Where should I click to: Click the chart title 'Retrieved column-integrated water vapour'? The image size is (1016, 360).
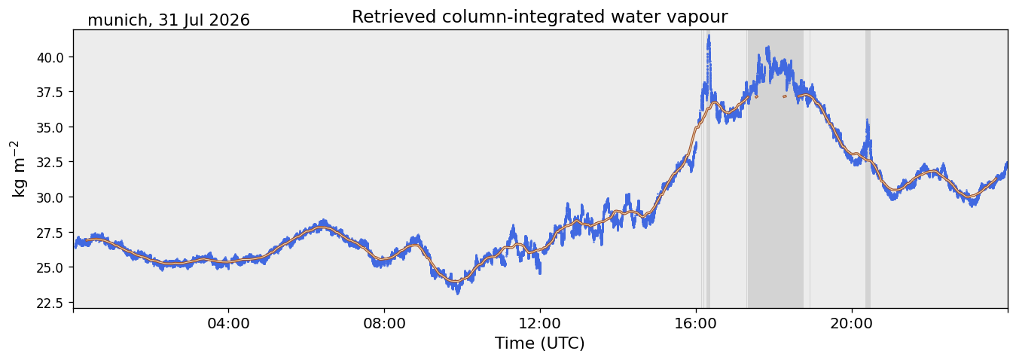tap(540, 17)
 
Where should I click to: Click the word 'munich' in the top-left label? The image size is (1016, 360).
tap(117, 20)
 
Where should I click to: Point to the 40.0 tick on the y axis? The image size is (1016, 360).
tap(50, 57)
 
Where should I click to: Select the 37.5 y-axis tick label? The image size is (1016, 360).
tap(50, 92)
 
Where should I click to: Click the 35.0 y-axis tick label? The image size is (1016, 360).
tap(50, 127)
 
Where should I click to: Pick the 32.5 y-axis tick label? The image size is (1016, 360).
tap(50, 163)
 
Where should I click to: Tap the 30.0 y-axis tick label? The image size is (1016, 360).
tap(50, 197)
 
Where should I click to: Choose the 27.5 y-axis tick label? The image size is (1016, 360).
tap(50, 233)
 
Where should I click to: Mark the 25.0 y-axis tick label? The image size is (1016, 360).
tap(50, 267)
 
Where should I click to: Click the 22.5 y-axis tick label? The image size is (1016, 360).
tap(50, 303)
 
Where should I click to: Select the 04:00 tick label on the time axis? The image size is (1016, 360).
tap(229, 324)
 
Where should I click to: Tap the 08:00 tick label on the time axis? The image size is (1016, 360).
tap(385, 324)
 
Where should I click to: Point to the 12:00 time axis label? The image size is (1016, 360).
tap(540, 324)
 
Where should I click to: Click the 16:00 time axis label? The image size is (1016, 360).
tap(696, 324)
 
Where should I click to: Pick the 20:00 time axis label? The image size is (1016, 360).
tap(852, 324)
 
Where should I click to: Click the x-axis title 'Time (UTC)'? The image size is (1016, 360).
tap(540, 343)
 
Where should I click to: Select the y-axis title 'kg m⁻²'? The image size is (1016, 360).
tap(19, 169)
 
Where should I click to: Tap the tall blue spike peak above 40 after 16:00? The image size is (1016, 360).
tap(709, 36)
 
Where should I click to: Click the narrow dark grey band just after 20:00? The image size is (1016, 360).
tap(868, 169)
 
